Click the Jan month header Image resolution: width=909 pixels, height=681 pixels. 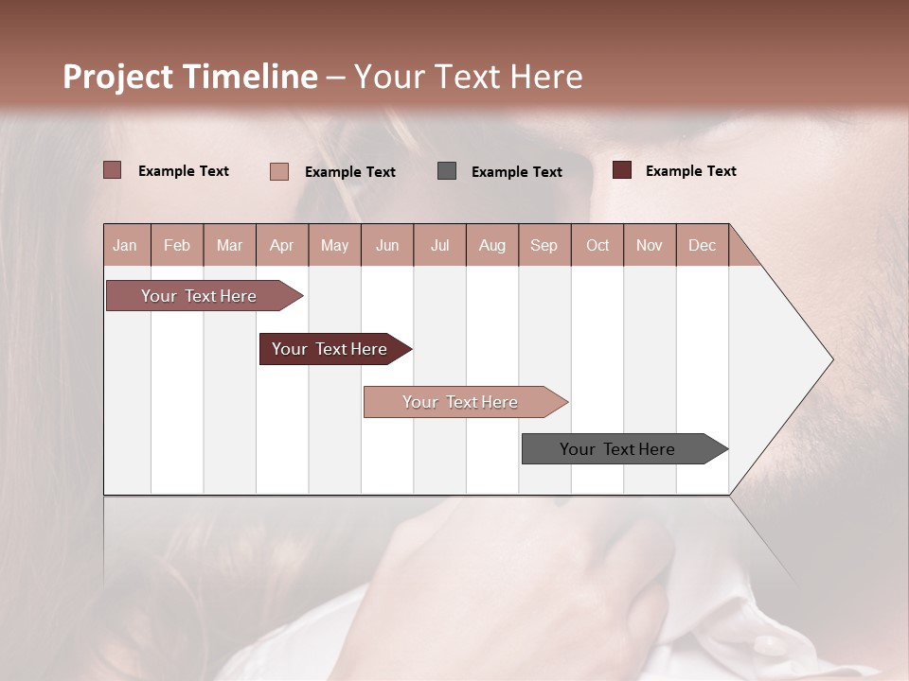125,246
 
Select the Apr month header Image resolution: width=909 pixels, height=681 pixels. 282,246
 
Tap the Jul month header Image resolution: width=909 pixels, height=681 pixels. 439,246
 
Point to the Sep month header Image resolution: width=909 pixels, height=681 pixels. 544,246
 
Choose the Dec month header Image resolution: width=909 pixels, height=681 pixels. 702,246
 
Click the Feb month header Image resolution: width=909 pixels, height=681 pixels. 177,246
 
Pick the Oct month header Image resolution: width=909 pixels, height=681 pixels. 597,246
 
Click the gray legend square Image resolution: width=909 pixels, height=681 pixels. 447,171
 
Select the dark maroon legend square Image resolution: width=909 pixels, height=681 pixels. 621,170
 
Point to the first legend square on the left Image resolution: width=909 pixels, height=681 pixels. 112,170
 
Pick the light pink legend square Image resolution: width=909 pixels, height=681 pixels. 279,171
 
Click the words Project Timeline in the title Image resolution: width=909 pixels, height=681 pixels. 189,77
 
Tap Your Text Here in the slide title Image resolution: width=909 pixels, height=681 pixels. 469,77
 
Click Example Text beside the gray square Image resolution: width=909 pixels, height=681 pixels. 516,172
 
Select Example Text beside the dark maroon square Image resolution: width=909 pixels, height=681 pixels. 690,171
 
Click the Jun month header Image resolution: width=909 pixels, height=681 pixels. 387,246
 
